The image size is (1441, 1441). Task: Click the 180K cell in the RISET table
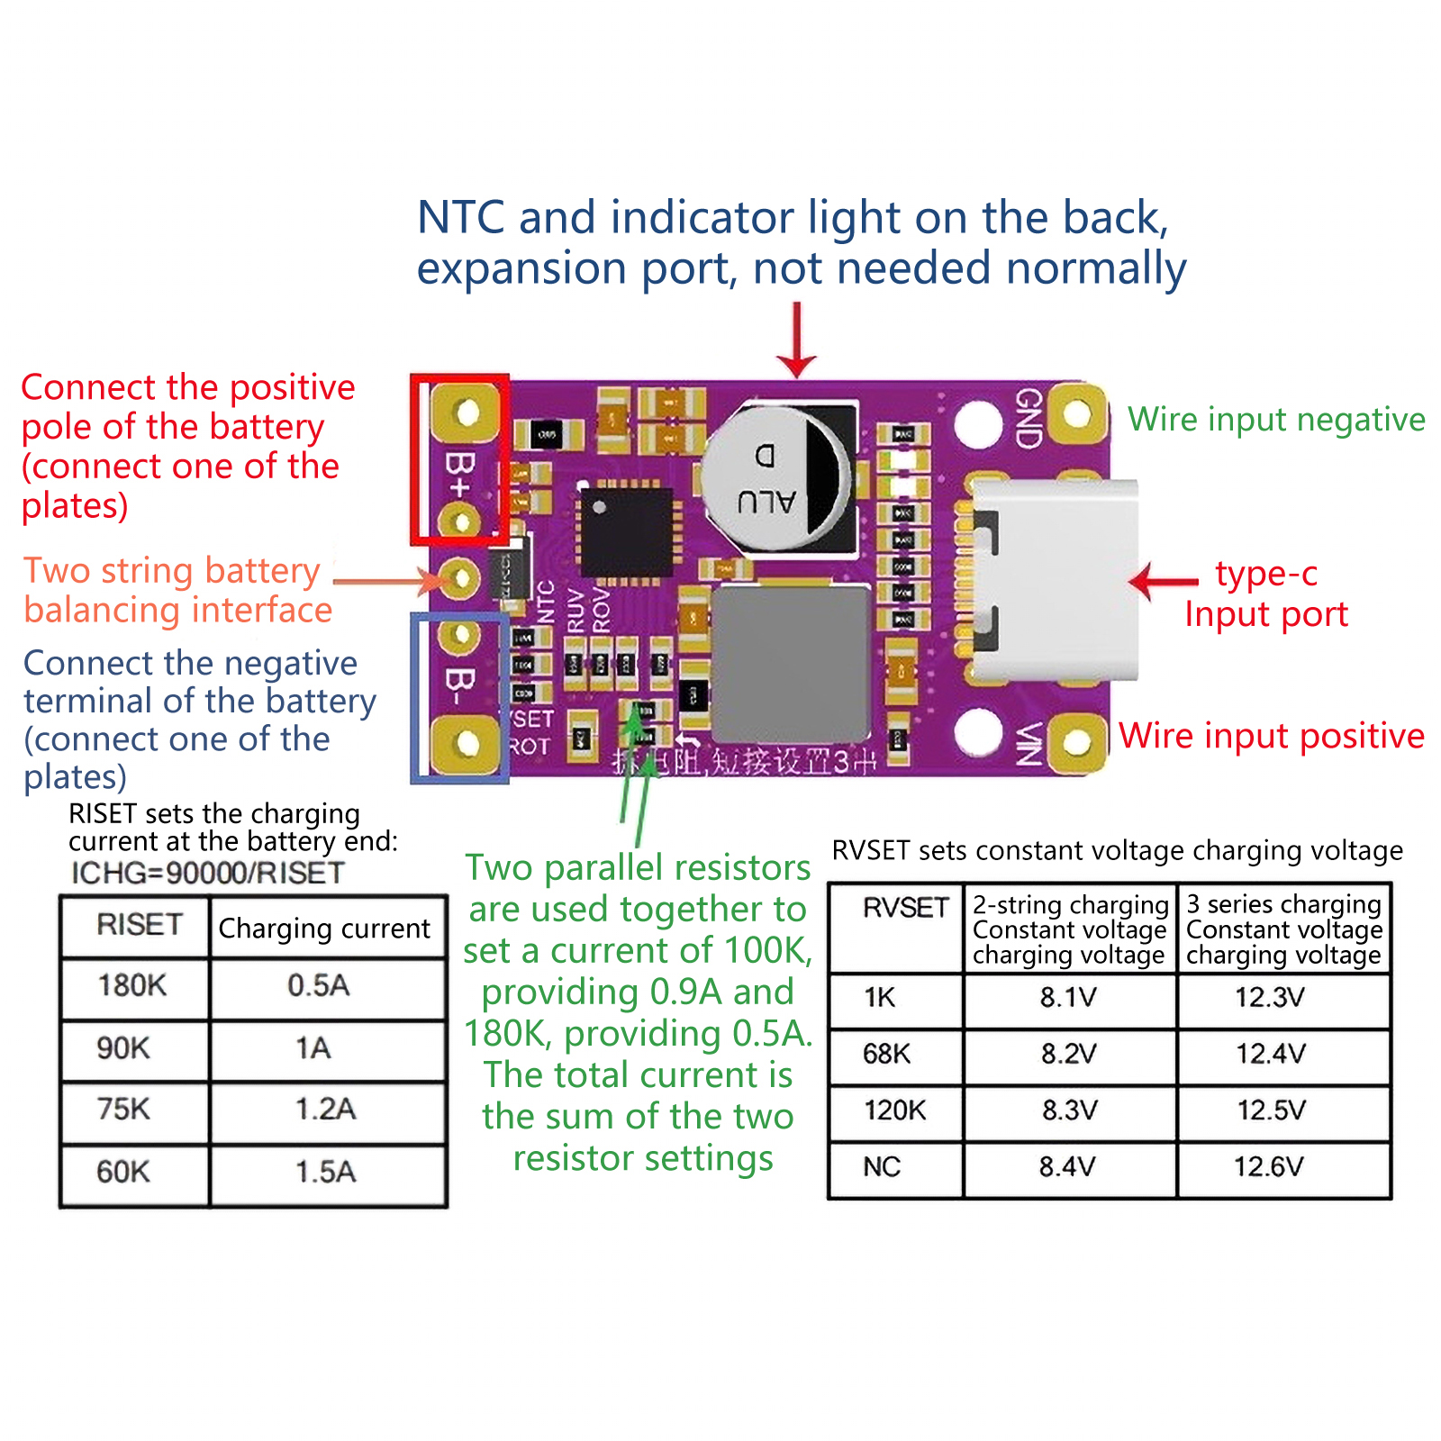pyautogui.click(x=132, y=986)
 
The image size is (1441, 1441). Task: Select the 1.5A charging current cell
pyautogui.click(x=326, y=1172)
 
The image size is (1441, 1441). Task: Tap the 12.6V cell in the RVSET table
pyautogui.click(x=1269, y=1167)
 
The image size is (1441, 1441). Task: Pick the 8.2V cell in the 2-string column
pyautogui.click(x=1069, y=1054)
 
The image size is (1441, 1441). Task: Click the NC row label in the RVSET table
pyautogui.click(x=882, y=1167)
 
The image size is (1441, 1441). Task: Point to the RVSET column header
pyautogui.click(x=905, y=908)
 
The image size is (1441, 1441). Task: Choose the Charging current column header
pyautogui.click(x=324, y=929)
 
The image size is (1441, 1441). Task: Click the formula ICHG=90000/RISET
pyautogui.click(x=208, y=873)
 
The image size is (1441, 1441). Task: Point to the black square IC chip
pyautogui.click(x=625, y=531)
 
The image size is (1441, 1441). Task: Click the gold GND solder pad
pyautogui.click(x=1076, y=414)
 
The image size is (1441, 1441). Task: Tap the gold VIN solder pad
pyautogui.click(x=1076, y=742)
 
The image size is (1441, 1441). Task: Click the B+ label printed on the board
pyautogui.click(x=460, y=476)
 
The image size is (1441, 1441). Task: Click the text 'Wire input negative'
pyautogui.click(x=1276, y=420)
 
